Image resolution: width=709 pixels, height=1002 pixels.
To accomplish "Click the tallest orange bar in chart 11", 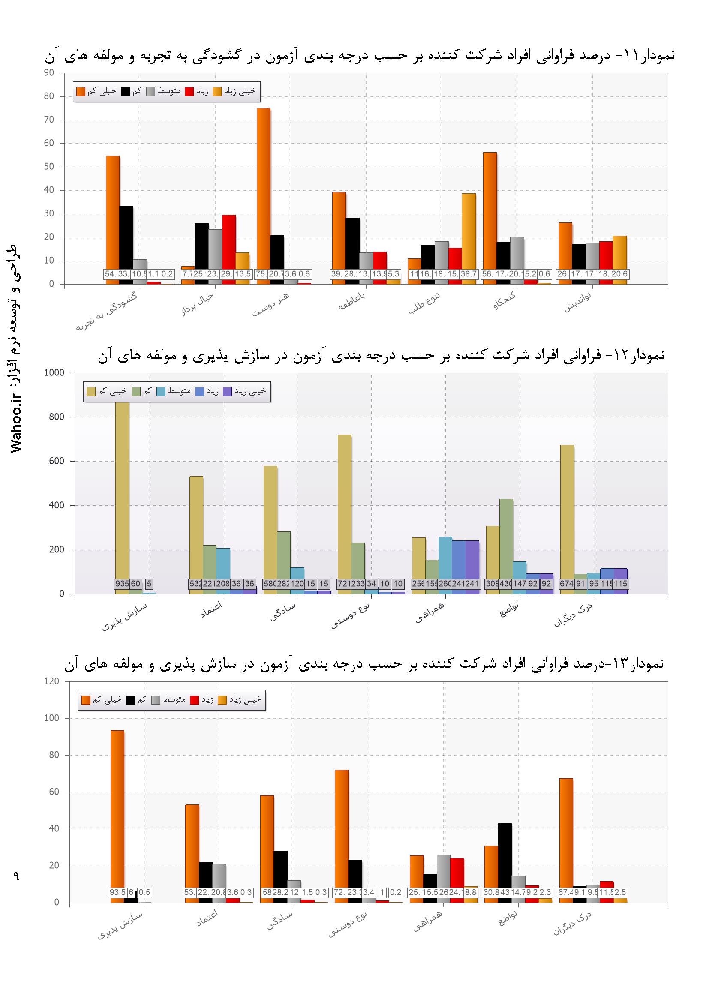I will coord(263,192).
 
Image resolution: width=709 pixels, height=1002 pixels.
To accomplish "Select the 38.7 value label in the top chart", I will coord(469,274).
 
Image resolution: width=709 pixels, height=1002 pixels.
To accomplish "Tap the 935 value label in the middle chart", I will coord(122,583).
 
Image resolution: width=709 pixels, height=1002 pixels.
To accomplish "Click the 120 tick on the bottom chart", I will coord(52,682).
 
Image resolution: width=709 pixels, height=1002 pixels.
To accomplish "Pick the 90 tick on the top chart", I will coord(49,73).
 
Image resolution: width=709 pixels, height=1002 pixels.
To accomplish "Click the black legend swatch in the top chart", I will coord(126,91).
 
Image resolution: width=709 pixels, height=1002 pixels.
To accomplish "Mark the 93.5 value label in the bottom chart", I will coord(117,892).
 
